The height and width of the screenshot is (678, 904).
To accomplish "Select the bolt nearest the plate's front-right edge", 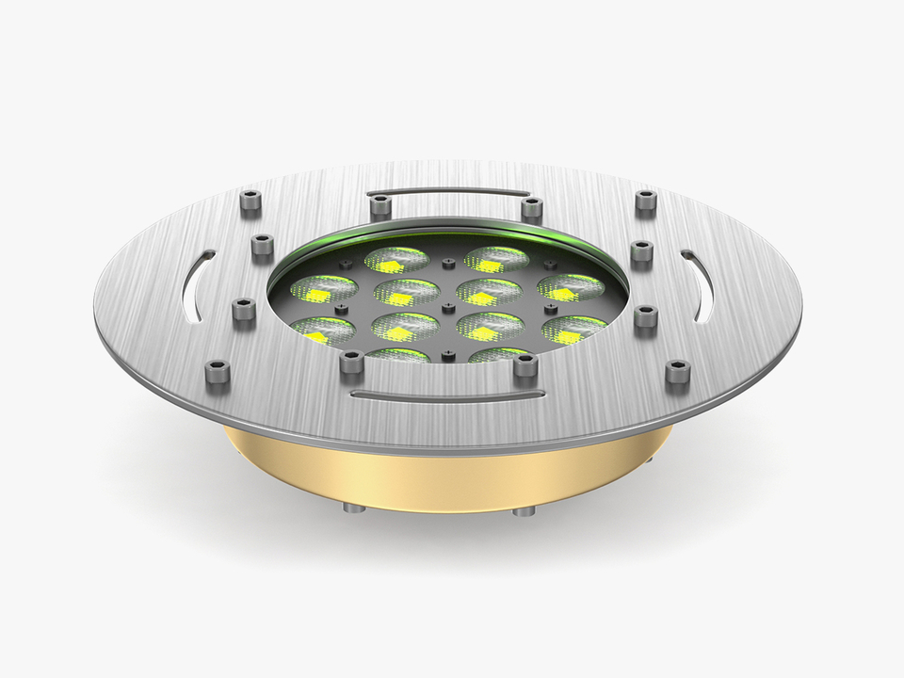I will [677, 373].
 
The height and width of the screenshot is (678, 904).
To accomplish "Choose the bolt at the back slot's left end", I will [379, 205].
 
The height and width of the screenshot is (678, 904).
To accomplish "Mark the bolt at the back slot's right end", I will [532, 206].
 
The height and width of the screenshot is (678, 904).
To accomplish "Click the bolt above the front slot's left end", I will [352, 361].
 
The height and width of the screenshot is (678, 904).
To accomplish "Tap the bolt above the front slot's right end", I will [525, 364].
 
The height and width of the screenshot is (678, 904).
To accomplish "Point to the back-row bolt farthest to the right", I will [645, 202].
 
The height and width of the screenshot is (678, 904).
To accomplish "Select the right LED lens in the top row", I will [496, 260].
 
